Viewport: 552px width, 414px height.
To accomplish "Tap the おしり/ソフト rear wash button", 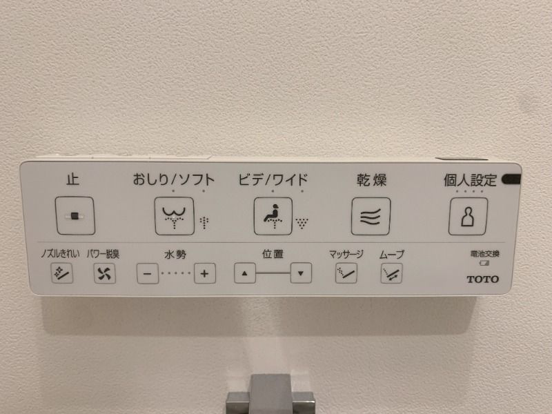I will (174, 216).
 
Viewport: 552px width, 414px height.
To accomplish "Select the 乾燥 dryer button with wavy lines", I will (371, 216).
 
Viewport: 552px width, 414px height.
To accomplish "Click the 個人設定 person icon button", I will (469, 216).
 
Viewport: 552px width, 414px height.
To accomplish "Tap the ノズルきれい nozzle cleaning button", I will (61, 274).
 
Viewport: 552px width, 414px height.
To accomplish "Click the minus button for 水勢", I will (147, 273).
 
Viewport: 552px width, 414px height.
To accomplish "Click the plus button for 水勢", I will (204, 273).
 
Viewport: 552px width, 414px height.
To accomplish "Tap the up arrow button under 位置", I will (244, 273).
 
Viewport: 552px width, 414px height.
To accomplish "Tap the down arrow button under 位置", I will (300, 273).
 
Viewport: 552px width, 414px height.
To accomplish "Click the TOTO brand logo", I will (483, 279).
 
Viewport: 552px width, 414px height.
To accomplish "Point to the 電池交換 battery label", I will (481, 254).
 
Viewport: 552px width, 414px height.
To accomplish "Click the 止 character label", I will (72, 179).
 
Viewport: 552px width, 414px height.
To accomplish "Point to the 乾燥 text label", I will (371, 180).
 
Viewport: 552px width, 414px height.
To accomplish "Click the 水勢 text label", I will (175, 255).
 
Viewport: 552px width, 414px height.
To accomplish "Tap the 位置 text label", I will (273, 254).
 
